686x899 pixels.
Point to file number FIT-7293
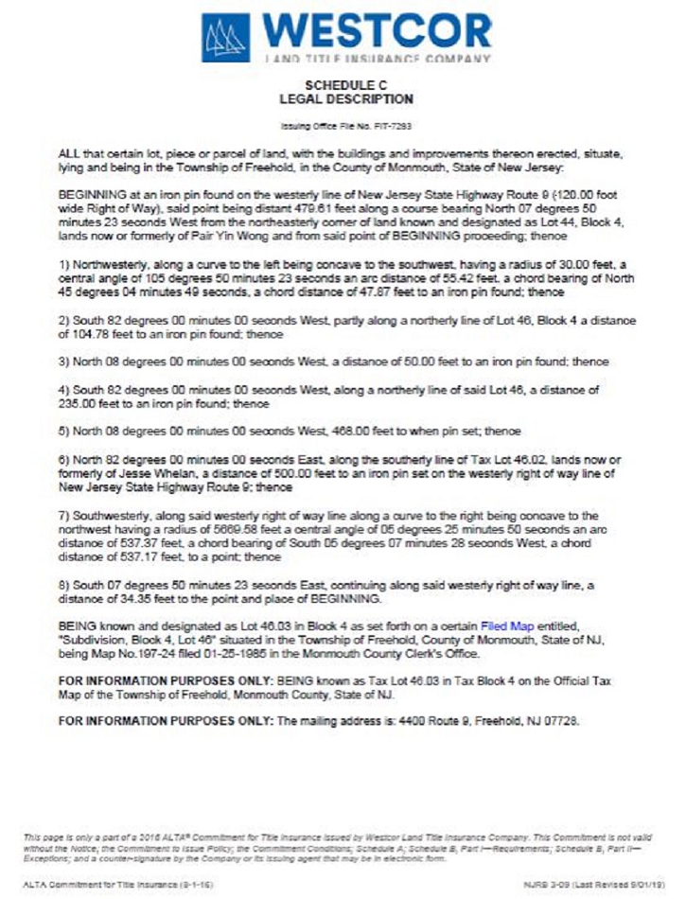(393, 125)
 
